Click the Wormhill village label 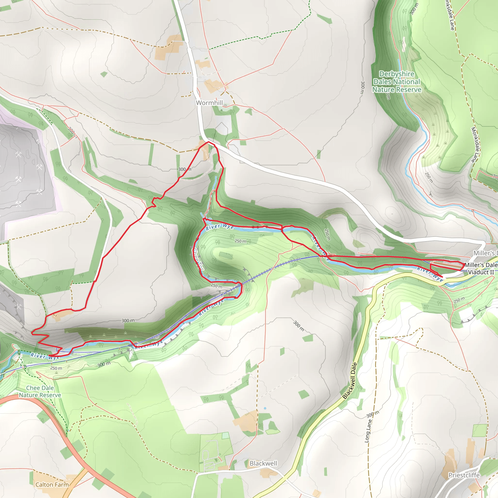209,103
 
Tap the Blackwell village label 263,463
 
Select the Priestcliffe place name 464,475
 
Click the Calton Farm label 52,485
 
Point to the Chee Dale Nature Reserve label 40,391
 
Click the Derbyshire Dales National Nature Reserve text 397,82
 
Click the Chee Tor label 198,259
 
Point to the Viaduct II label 481,272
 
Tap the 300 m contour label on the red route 185,169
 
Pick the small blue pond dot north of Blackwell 265,408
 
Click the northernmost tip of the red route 208,142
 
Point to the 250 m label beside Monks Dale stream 429,178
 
